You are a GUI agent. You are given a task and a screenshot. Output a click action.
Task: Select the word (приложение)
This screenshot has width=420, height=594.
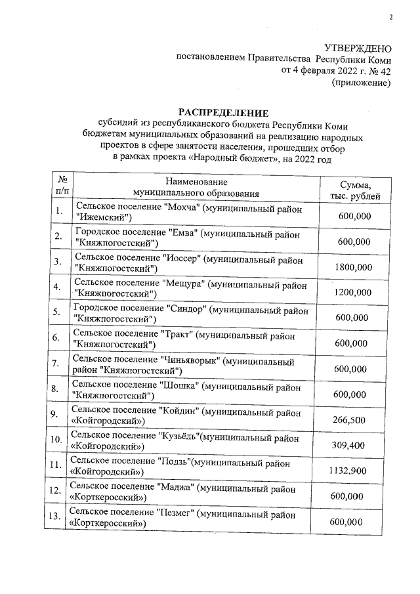362,83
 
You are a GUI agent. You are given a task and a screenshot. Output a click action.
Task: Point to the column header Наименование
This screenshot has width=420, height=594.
196,182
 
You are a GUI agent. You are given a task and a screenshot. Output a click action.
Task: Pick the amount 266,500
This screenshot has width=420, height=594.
350,420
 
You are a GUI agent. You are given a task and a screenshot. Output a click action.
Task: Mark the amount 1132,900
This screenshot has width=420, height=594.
348,471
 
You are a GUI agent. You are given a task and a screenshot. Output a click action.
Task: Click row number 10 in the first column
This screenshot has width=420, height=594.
56,439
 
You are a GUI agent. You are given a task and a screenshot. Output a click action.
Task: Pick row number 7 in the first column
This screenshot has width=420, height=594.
58,363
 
